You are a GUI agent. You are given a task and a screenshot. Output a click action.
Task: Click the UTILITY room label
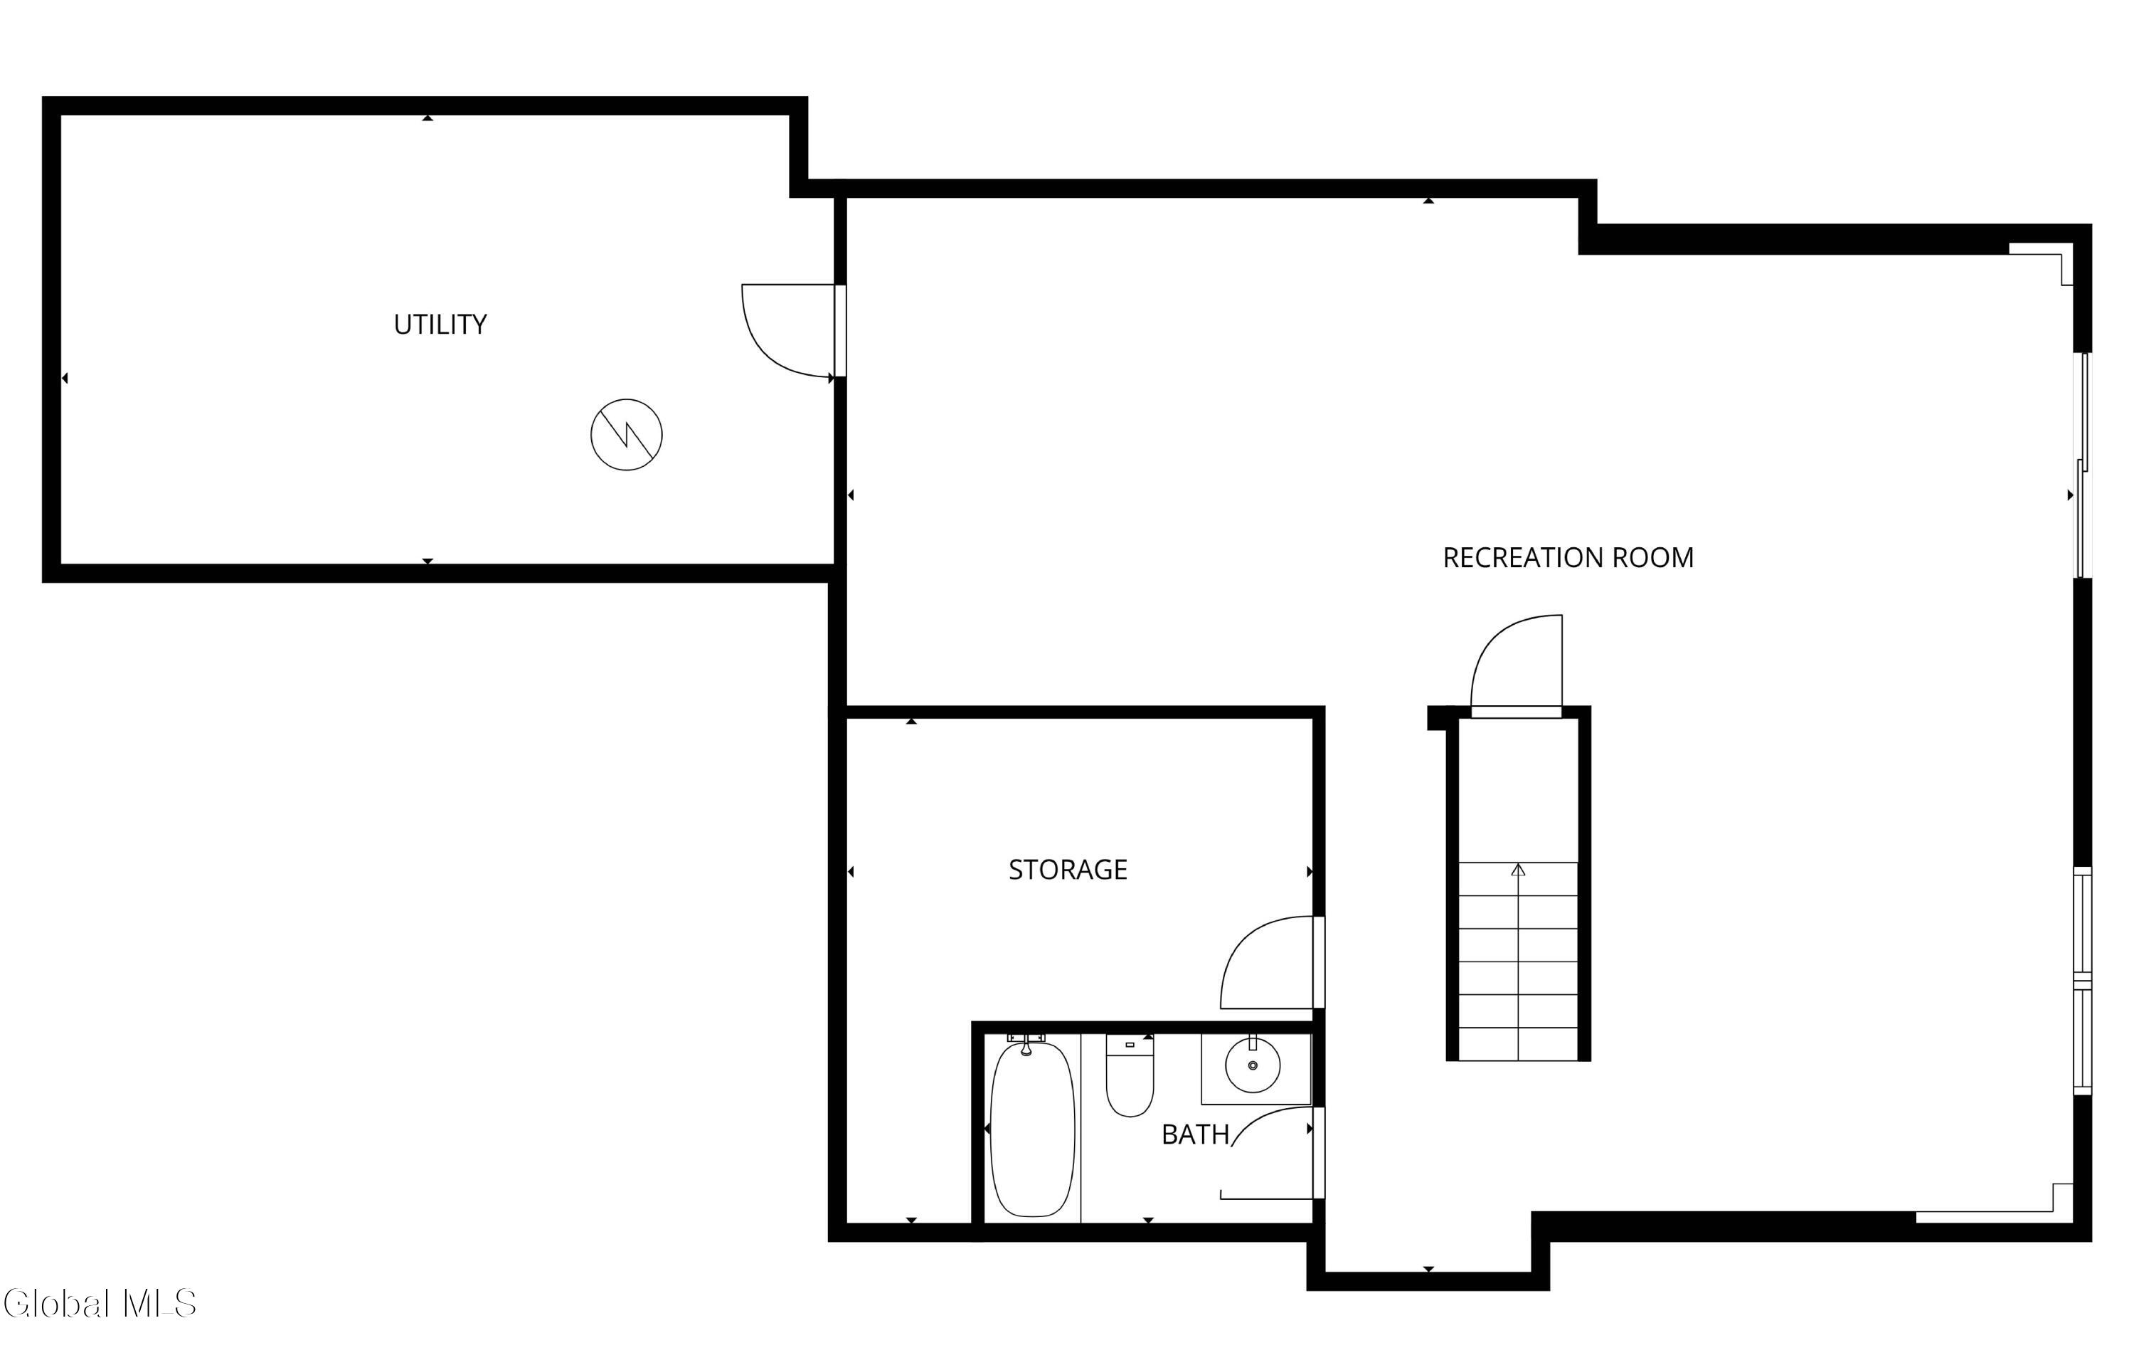click(440, 325)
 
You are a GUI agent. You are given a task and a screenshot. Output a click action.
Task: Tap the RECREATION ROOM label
click(1568, 557)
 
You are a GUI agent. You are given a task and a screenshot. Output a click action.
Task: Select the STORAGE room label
click(1068, 870)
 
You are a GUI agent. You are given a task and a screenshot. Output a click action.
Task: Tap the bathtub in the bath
click(1031, 1129)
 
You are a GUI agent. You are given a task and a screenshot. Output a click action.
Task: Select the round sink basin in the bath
click(1252, 1065)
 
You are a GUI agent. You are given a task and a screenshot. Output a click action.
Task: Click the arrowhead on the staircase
click(1518, 870)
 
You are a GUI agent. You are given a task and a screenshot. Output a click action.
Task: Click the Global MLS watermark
click(100, 1304)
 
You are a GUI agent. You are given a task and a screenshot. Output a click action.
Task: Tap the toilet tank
click(1130, 1045)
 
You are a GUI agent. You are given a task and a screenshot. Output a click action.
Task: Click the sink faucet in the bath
click(1252, 1043)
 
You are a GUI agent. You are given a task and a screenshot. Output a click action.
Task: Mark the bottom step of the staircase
click(1518, 1044)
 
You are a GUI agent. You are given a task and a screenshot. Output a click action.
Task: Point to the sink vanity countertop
click(1256, 1069)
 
